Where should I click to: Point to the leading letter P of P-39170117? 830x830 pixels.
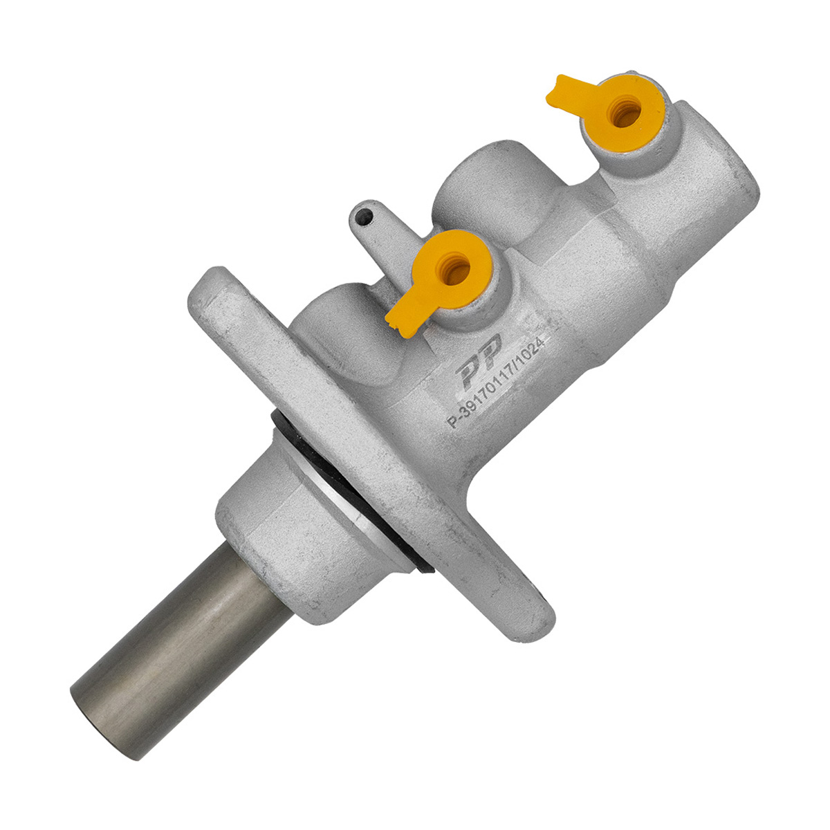(x=452, y=421)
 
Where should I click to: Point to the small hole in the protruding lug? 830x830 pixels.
(x=365, y=216)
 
